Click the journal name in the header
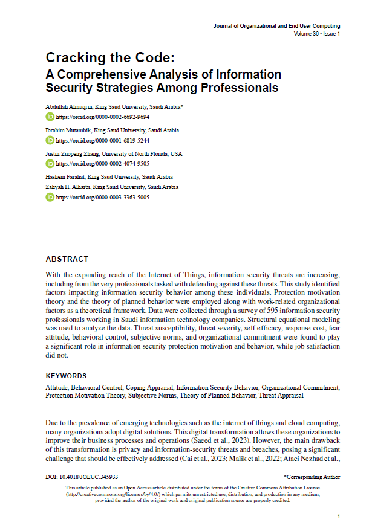click(276, 26)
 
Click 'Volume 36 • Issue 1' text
click(317, 34)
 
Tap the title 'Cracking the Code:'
click(110, 59)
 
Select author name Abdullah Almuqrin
click(68, 106)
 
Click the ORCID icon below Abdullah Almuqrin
click(50, 117)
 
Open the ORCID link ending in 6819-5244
click(102, 140)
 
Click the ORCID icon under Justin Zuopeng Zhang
click(50, 164)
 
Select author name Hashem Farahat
click(65, 177)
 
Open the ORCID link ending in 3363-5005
click(102, 197)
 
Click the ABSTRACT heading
click(67, 259)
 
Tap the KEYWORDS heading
click(66, 376)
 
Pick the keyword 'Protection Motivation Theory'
click(83, 395)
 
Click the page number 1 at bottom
click(339, 517)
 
